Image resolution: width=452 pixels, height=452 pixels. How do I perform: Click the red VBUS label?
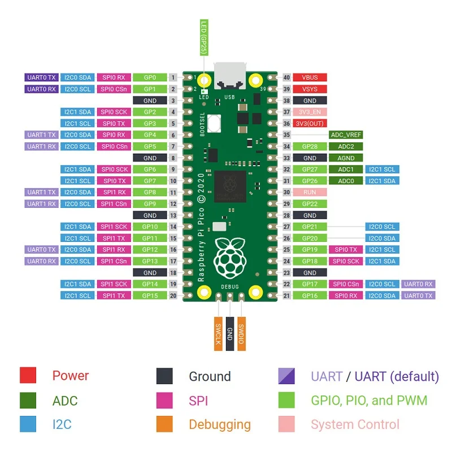310,77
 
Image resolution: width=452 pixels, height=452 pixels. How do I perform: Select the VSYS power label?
310,89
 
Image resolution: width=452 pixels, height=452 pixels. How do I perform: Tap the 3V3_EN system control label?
310,112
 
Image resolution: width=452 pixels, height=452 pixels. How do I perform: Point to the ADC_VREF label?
345,135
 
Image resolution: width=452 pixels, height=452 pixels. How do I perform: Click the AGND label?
345,158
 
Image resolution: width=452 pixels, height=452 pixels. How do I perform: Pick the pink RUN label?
310,192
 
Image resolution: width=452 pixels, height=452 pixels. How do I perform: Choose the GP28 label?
310,146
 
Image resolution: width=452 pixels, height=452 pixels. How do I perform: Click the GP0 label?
150,77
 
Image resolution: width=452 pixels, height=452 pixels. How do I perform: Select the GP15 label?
150,295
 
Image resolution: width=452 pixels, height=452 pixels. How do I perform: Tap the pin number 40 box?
286,77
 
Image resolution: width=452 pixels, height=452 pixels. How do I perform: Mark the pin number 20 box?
173,295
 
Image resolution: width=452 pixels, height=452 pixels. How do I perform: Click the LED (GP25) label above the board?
204,38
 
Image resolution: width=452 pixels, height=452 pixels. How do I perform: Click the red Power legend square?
28,376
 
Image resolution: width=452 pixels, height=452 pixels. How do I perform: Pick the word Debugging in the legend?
220,425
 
